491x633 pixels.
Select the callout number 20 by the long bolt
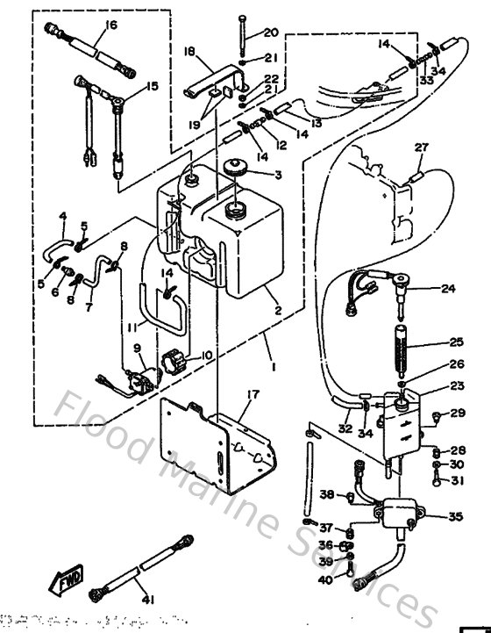271,33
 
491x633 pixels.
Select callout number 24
449,288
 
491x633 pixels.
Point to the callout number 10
207,355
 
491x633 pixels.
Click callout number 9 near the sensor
137,348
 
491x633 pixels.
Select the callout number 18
189,53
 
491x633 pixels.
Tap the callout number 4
63,216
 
